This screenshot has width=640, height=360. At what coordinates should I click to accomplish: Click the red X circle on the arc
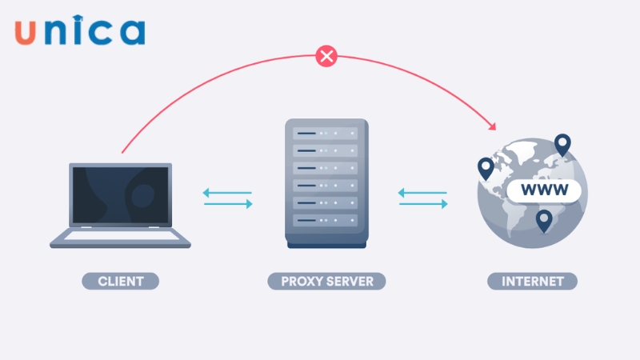[x=326, y=56]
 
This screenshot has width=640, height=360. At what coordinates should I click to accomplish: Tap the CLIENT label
[x=121, y=281]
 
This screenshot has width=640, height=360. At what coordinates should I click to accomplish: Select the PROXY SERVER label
[x=326, y=281]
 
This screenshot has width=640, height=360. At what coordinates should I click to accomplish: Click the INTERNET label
[x=532, y=281]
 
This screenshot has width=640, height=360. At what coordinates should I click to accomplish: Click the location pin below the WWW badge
[x=545, y=220]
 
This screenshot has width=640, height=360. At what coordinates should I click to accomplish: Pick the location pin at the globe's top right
[x=562, y=145]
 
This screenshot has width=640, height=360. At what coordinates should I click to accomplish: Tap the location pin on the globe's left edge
[x=486, y=168]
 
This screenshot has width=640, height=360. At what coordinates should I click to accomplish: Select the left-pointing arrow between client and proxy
[x=228, y=192]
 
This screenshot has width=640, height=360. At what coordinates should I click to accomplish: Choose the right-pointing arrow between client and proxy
[x=228, y=204]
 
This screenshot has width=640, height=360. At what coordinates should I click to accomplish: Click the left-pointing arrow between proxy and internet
[x=423, y=192]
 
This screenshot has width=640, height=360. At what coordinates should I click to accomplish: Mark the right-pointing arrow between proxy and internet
[x=423, y=204]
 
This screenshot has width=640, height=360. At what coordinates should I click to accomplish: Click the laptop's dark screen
[x=121, y=195]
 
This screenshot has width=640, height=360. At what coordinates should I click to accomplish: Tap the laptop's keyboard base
[x=121, y=238]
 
